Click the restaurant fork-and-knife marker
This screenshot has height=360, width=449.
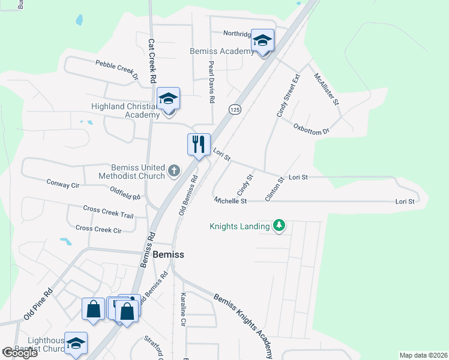pos(199,145)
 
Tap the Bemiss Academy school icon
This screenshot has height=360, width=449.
pos(262,40)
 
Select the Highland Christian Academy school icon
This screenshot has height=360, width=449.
pos(169,99)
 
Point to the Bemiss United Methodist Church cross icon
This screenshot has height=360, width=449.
pos(174,171)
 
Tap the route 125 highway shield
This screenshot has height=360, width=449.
pos(235,109)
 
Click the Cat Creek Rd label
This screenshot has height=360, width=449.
pos(152,61)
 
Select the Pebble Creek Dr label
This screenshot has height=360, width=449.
pos(116,69)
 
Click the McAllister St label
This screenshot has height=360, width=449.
pos(327,89)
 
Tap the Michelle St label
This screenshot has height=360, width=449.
pos(231,200)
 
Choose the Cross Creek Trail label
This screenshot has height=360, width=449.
pos(108,211)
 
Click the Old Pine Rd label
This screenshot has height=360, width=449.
pos(38,304)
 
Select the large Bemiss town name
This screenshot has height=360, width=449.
pos(169,254)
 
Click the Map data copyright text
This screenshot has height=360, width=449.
pos(423,355)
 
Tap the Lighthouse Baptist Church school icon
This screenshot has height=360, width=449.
pos(76,344)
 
